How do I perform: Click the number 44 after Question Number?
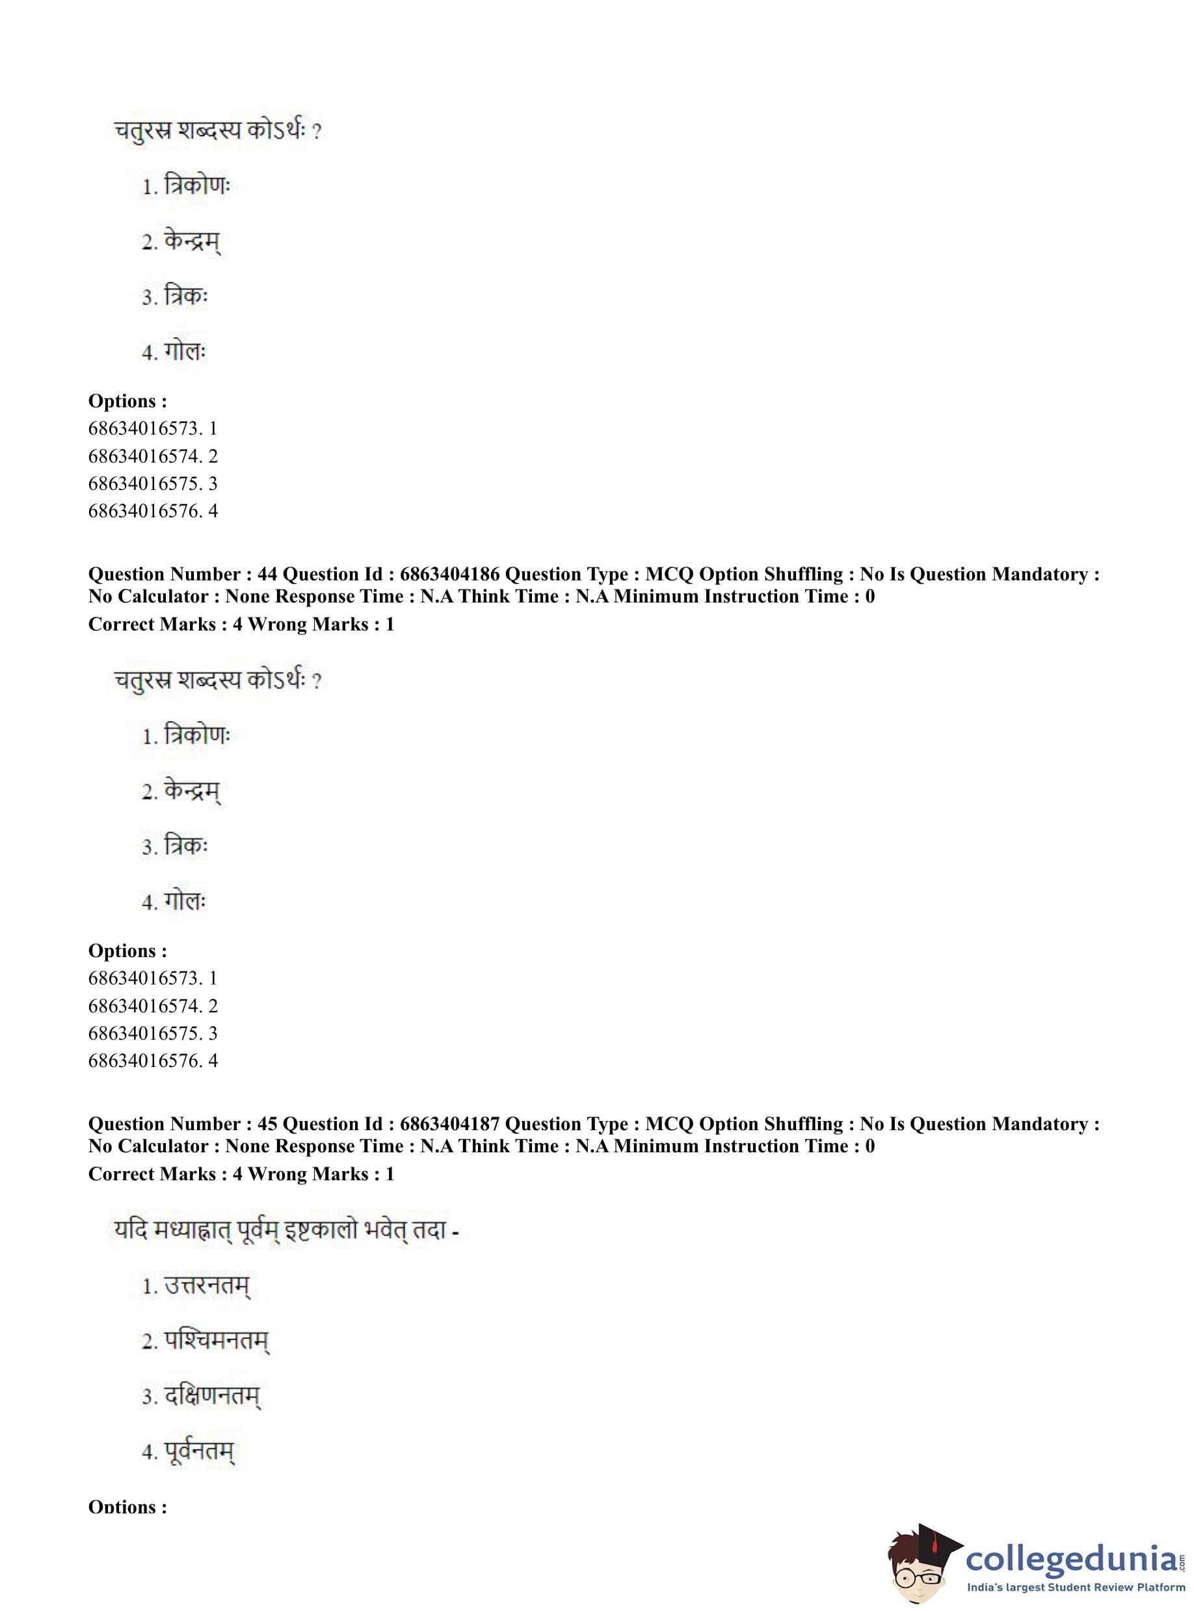click(267, 574)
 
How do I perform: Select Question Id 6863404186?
click(449, 574)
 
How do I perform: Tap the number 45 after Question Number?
click(267, 1124)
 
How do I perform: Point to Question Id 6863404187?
click(449, 1124)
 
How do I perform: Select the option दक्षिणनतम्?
click(211, 1396)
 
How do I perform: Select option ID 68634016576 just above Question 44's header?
click(144, 511)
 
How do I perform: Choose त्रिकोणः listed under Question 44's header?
click(196, 736)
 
